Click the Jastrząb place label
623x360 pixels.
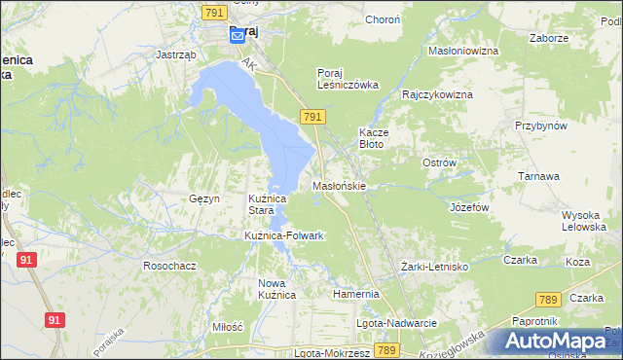click(x=176, y=55)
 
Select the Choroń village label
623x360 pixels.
click(x=382, y=19)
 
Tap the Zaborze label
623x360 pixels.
click(x=548, y=38)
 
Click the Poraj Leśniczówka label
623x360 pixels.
click(x=348, y=78)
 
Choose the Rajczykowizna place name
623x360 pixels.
click(x=437, y=95)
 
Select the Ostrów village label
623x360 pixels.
click(x=439, y=162)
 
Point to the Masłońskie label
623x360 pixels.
click(x=338, y=185)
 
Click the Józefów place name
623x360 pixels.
click(x=468, y=207)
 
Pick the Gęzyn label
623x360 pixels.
click(x=204, y=198)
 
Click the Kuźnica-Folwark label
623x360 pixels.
click(x=283, y=236)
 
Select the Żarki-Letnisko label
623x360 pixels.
click(x=435, y=266)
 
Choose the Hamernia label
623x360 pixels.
click(x=355, y=293)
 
